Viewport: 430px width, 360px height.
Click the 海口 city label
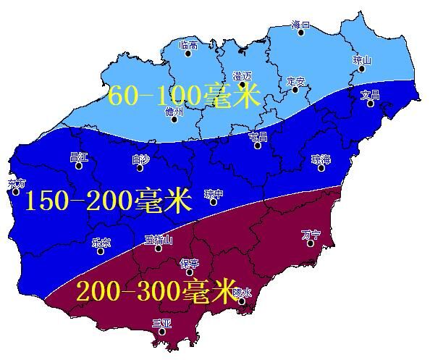point(300,25)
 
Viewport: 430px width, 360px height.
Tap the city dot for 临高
point(188,53)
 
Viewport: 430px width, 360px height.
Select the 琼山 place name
point(362,60)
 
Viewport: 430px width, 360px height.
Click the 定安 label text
point(296,80)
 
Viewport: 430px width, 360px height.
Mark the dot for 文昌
point(370,104)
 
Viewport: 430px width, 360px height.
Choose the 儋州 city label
point(174,111)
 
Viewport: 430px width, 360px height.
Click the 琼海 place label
point(321,158)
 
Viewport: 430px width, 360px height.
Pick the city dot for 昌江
point(78,166)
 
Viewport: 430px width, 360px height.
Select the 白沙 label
point(140,158)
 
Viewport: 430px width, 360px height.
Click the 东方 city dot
point(16,192)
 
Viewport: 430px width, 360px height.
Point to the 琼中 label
point(214,193)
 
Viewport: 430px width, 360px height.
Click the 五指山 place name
point(158,238)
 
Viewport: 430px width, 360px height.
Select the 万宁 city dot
point(310,243)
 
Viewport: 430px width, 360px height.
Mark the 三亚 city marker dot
point(162,332)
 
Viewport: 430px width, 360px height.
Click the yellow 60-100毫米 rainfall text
point(184,96)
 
